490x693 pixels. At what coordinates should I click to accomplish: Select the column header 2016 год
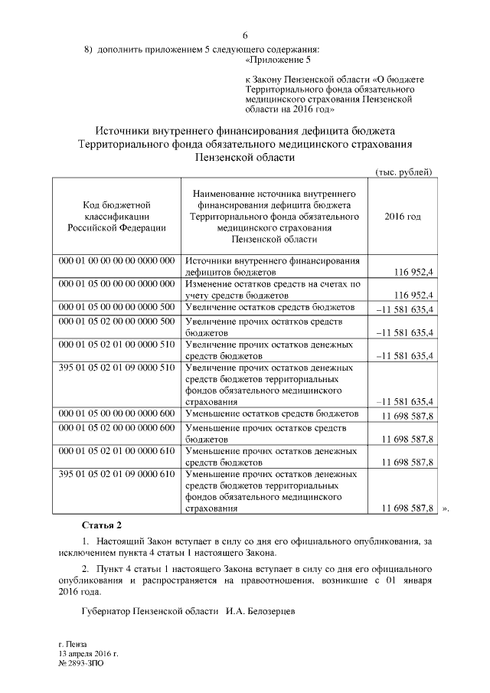(x=402, y=217)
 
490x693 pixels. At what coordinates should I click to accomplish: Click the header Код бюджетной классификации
(x=116, y=217)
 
